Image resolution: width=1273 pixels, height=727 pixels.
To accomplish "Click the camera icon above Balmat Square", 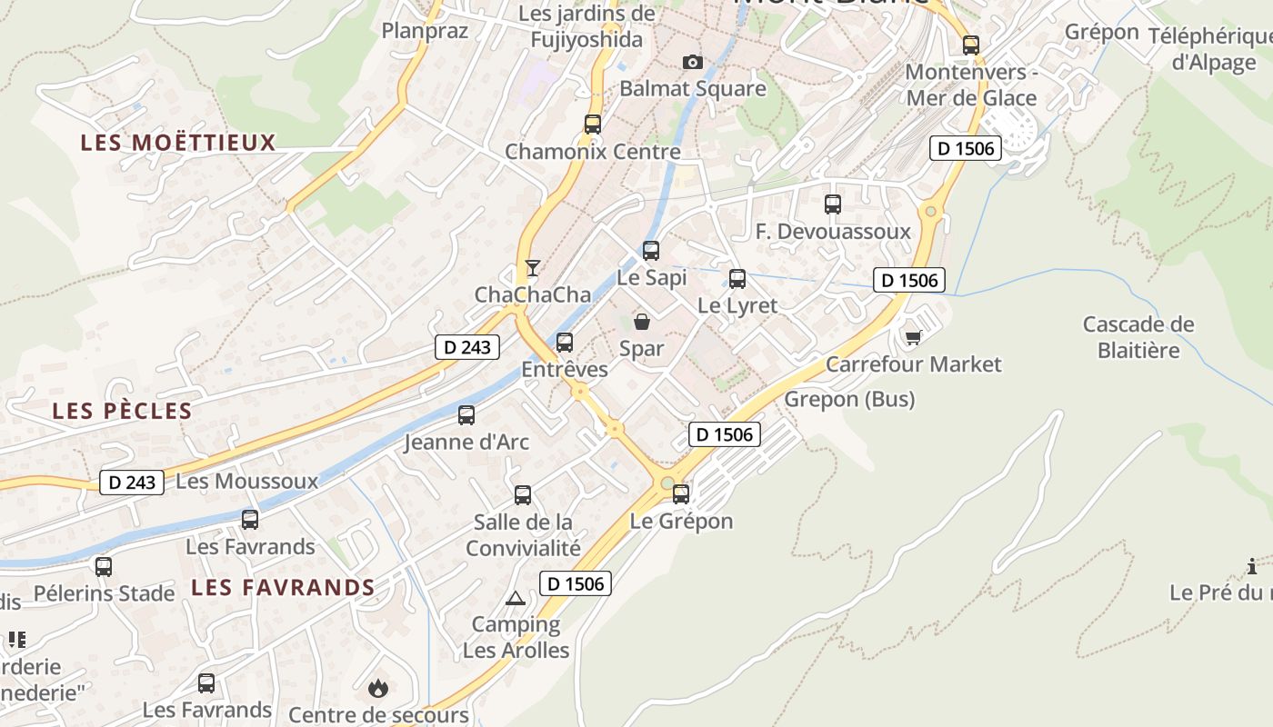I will pos(693,62).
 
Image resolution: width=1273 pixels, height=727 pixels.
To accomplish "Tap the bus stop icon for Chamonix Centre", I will pos(593,124).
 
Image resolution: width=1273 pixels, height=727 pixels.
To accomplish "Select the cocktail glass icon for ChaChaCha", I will pos(533,267).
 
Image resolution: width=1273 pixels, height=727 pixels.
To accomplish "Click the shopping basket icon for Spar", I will pos(642,321).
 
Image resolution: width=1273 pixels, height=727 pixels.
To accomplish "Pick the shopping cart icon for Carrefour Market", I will pos(913,337).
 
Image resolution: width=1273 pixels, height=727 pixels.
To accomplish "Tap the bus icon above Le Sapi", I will pos(651,251).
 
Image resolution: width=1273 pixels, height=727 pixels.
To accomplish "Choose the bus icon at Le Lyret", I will pos(737,279).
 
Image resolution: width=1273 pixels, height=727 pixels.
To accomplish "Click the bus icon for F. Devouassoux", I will pos(833,204).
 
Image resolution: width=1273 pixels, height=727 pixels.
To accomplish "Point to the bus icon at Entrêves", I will pos(565,343).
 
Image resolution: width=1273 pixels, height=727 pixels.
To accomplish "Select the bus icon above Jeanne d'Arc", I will pos(466,415).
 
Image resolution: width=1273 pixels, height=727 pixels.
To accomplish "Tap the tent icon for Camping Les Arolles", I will pos(516,598).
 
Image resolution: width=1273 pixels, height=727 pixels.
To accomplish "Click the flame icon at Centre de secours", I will pos(378,688).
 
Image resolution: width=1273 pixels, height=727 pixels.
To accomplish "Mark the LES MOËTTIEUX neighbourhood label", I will pos(178,143).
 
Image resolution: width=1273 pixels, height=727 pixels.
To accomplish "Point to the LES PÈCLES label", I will pos(122,411).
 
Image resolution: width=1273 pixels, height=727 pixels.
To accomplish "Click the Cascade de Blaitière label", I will pos(1138,337).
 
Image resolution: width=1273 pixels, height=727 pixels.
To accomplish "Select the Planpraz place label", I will pos(425,31).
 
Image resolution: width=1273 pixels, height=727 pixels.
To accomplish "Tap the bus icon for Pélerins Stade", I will pos(104,567).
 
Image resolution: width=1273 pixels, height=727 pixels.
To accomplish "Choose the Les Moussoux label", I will pos(246,481).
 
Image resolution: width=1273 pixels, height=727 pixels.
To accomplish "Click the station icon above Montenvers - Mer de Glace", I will pos(971,45).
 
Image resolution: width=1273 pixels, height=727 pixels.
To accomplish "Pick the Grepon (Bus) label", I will pos(849,399).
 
